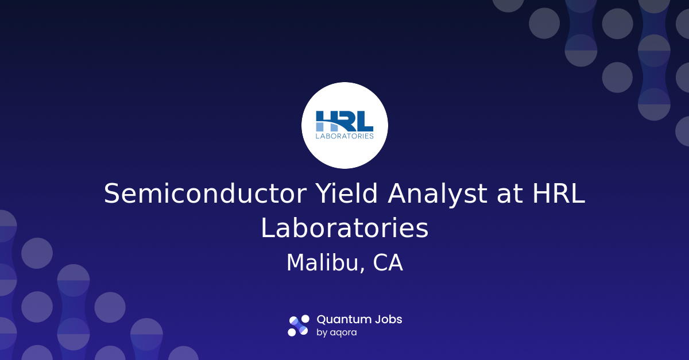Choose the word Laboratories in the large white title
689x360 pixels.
[x=344, y=228]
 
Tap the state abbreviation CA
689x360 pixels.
[x=388, y=263]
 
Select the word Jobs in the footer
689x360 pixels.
[x=388, y=320]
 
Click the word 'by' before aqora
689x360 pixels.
[x=322, y=333]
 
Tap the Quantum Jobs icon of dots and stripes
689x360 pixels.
[x=299, y=326]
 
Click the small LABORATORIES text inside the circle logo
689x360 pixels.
[x=344, y=136]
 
